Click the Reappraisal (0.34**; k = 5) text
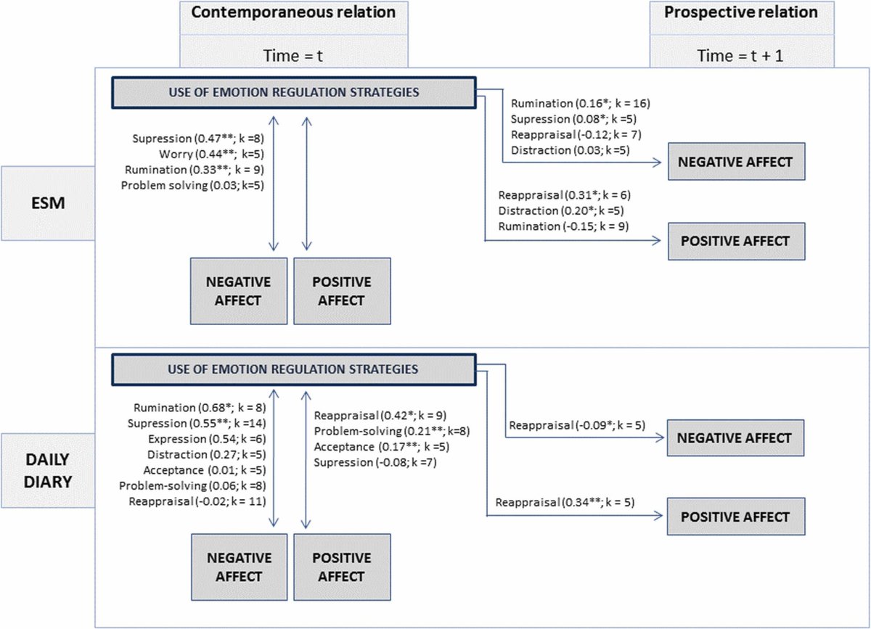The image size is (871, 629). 565,502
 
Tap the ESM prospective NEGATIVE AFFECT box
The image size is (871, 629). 736,162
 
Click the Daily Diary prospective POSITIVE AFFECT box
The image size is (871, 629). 736,517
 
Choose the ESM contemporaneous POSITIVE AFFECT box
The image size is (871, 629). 341,290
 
